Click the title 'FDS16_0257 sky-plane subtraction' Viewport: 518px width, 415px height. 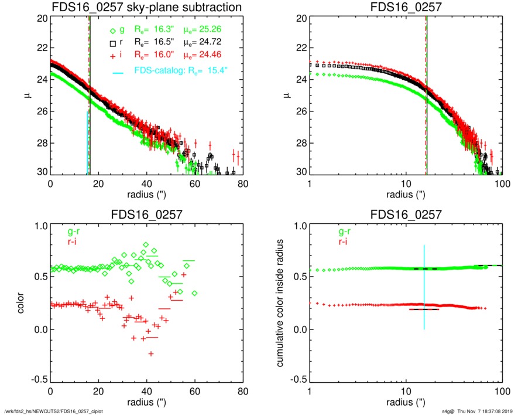147,8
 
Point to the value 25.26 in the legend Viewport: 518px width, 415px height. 212,29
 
